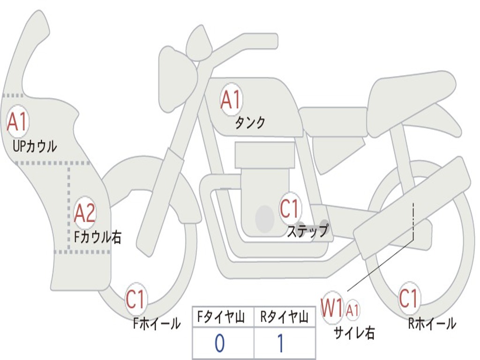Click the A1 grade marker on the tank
[x=231, y=100]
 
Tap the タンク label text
[x=250, y=123]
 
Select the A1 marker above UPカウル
[x=18, y=122]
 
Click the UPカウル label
[x=35, y=146]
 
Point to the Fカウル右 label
[x=98, y=237]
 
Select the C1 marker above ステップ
[x=290, y=208]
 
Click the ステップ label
[x=307, y=232]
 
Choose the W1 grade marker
[x=332, y=309]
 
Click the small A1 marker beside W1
[x=352, y=309]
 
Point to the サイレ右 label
[x=354, y=332]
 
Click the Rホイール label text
[x=432, y=323]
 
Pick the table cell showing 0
[x=223, y=344]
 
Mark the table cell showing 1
[x=284, y=344]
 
